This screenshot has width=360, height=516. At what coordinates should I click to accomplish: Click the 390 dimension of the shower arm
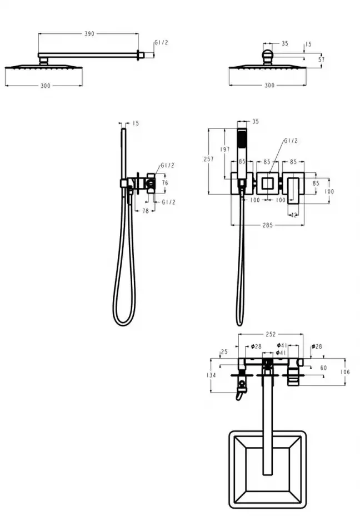click(x=89, y=33)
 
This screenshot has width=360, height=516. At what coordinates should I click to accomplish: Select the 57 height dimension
click(x=322, y=59)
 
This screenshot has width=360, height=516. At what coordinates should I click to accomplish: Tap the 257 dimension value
click(x=209, y=159)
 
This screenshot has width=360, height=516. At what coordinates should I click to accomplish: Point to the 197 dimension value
click(x=225, y=149)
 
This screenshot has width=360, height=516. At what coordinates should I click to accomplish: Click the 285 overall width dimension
click(x=268, y=225)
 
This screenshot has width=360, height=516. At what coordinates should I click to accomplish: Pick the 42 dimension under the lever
click(x=293, y=215)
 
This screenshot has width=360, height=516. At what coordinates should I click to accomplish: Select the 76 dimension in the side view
click(x=165, y=182)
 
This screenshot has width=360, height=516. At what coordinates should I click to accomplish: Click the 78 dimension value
click(x=146, y=211)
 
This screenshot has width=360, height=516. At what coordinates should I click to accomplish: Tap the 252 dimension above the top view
click(x=271, y=334)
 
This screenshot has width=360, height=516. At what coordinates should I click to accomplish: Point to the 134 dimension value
click(x=211, y=375)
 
